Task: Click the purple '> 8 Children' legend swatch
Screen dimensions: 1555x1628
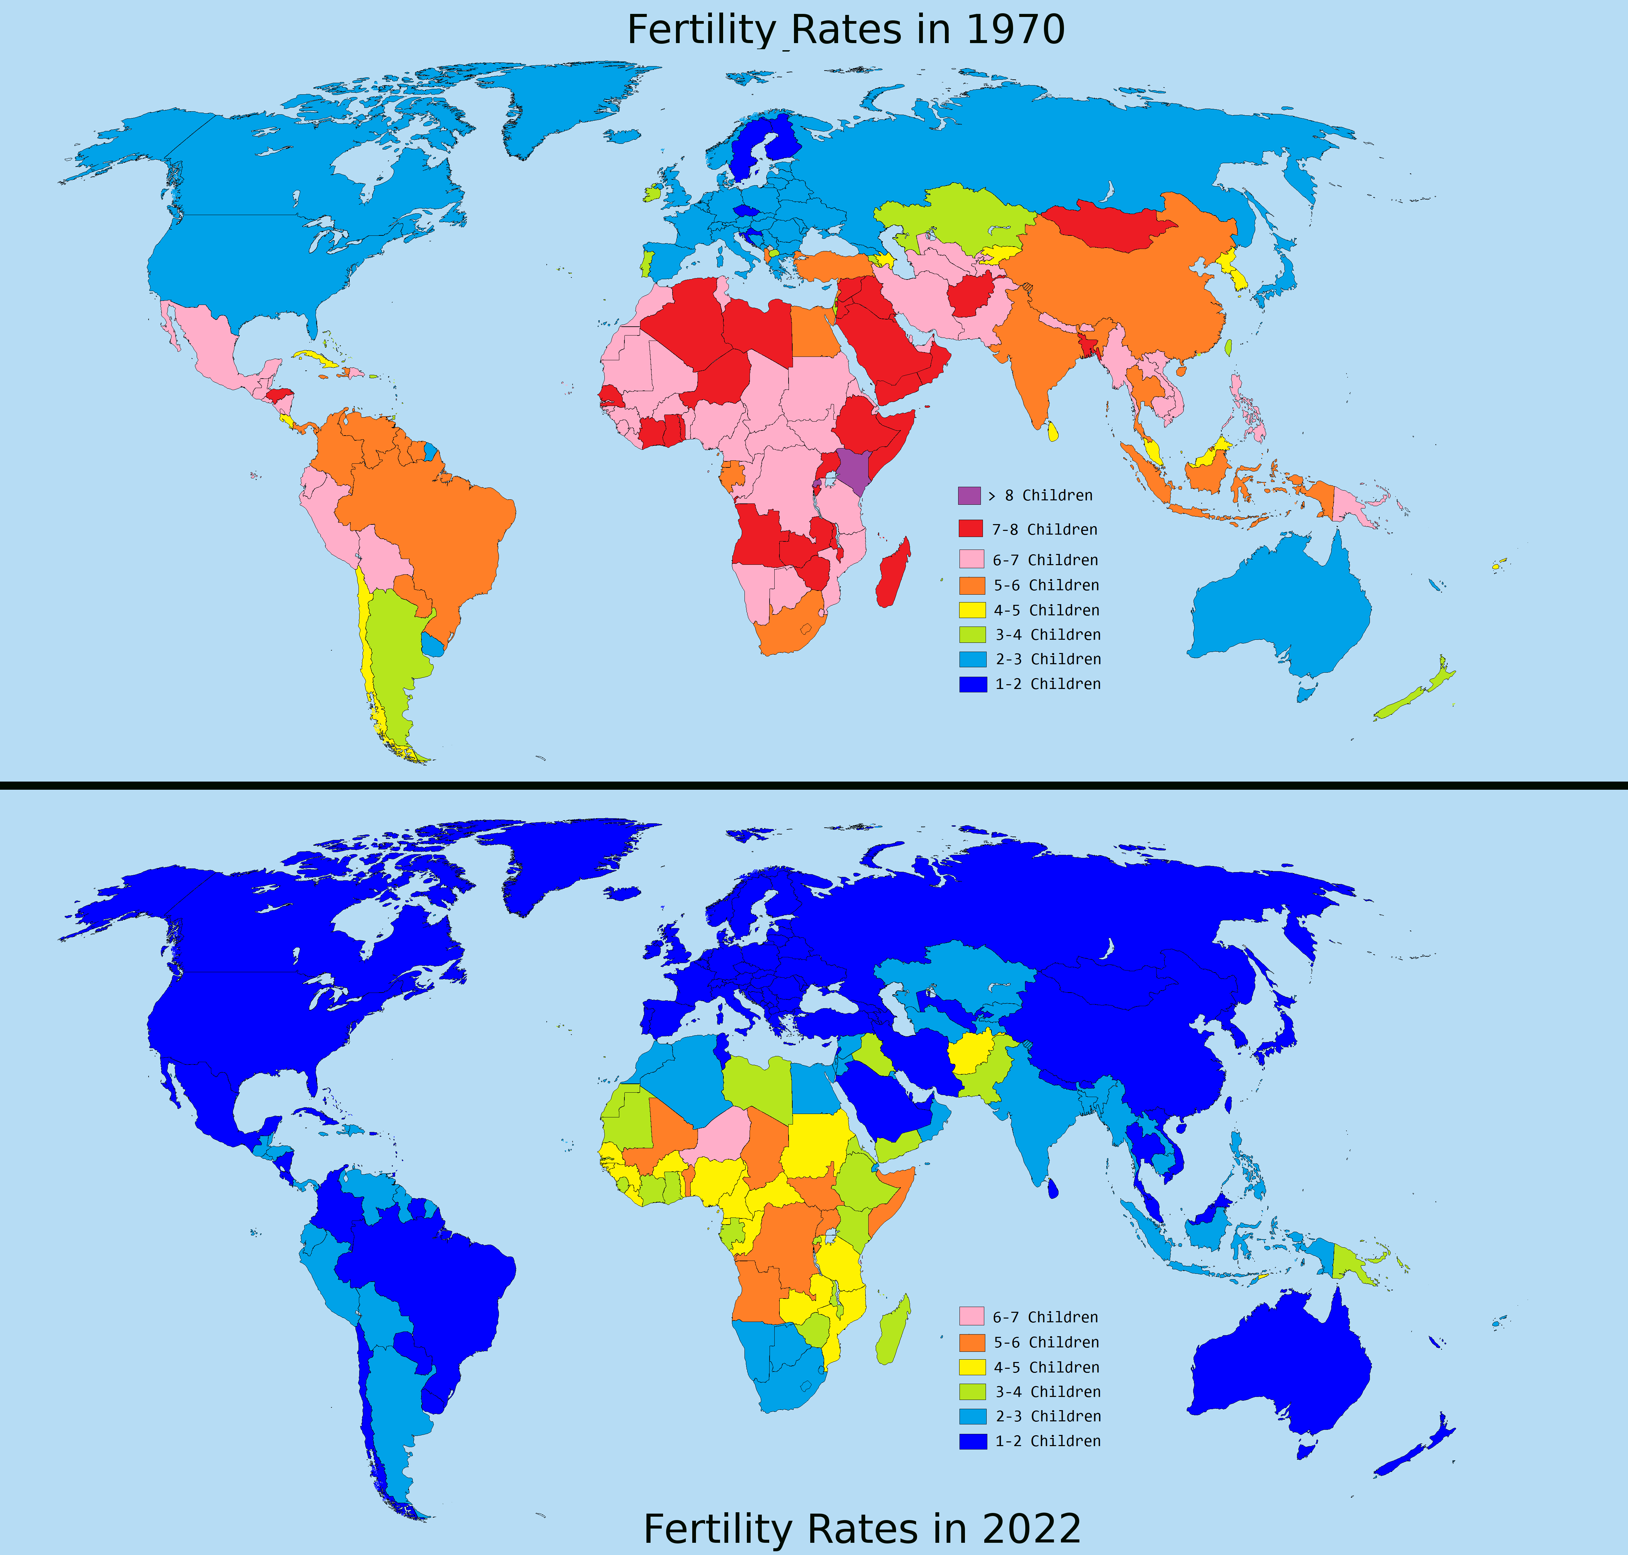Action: (969, 496)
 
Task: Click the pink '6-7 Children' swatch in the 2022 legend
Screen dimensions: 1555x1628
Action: (971, 1317)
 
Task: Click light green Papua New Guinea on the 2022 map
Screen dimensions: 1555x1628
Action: (1351, 1264)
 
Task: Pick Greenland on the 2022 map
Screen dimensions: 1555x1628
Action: (564, 862)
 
